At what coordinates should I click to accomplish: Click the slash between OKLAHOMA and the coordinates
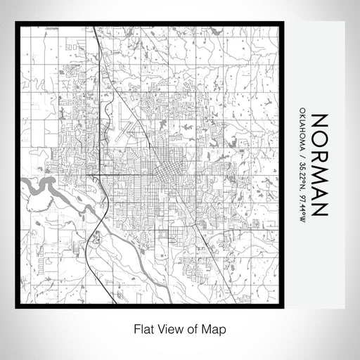coord(302,157)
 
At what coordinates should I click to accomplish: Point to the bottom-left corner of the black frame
coord(15,307)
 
